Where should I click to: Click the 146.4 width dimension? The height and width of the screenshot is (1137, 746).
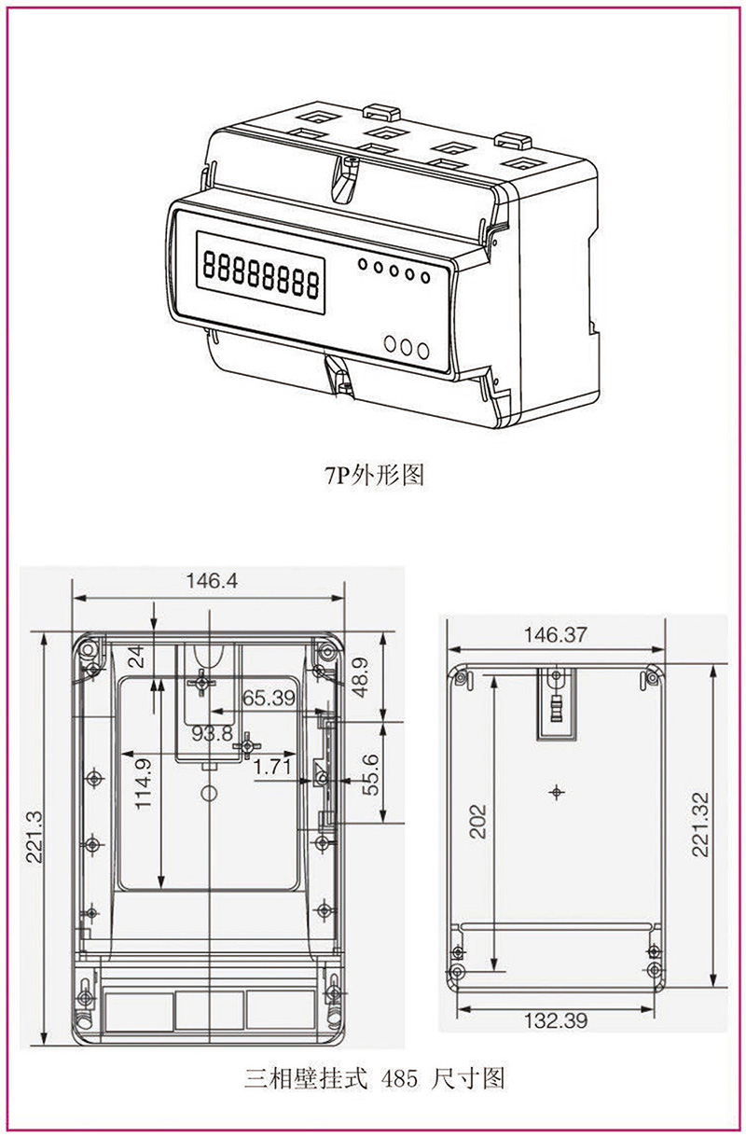[x=212, y=580]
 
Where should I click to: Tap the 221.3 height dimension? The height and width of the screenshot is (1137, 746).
[x=34, y=837]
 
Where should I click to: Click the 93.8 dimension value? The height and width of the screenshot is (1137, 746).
[x=213, y=733]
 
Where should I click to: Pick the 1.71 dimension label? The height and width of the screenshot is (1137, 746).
[x=272, y=767]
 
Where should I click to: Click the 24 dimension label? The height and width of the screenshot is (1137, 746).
[x=136, y=658]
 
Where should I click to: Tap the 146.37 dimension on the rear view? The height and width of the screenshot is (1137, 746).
[x=556, y=635]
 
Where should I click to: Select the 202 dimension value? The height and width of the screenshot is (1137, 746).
[x=477, y=822]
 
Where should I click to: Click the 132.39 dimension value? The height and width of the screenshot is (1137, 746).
[x=556, y=1021]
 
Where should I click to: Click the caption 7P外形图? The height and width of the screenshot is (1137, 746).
[x=373, y=476]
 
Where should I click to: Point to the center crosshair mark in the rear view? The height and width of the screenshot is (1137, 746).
[x=557, y=793]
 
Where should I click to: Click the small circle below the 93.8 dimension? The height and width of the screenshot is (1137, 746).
[x=210, y=794]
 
